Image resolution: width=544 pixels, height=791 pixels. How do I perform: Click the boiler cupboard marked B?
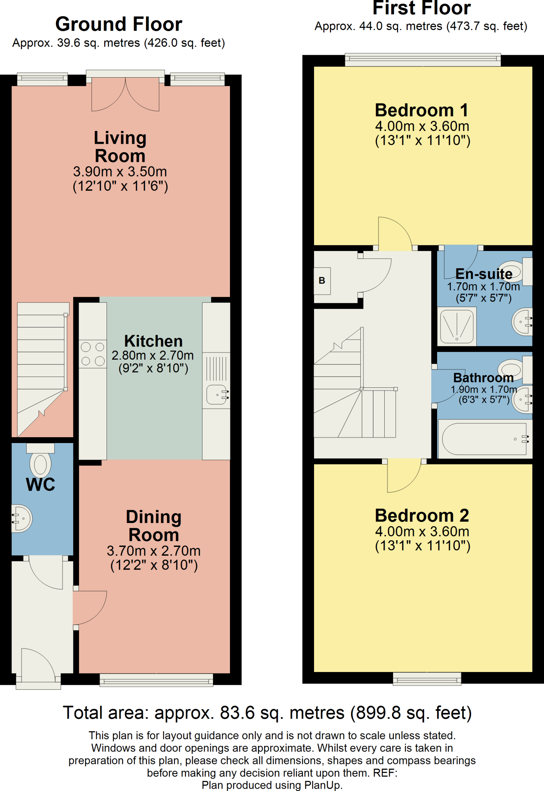click(x=322, y=281)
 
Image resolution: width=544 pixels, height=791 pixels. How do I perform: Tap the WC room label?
click(x=41, y=484)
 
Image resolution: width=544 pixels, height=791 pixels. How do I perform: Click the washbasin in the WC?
click(x=22, y=518)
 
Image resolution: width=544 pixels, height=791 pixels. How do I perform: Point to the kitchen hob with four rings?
click(x=93, y=354)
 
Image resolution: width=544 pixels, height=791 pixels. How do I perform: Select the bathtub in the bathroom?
click(x=484, y=439)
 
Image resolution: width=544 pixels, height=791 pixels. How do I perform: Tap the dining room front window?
click(x=156, y=680)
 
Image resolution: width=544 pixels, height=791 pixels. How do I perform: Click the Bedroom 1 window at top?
click(x=422, y=59)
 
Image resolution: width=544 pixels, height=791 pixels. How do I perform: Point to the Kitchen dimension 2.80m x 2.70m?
click(x=153, y=355)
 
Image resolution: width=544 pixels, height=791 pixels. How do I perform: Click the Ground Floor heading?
click(x=118, y=24)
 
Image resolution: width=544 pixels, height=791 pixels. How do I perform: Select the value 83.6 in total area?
click(x=237, y=713)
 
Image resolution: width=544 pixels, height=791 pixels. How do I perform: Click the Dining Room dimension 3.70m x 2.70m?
click(x=154, y=551)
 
